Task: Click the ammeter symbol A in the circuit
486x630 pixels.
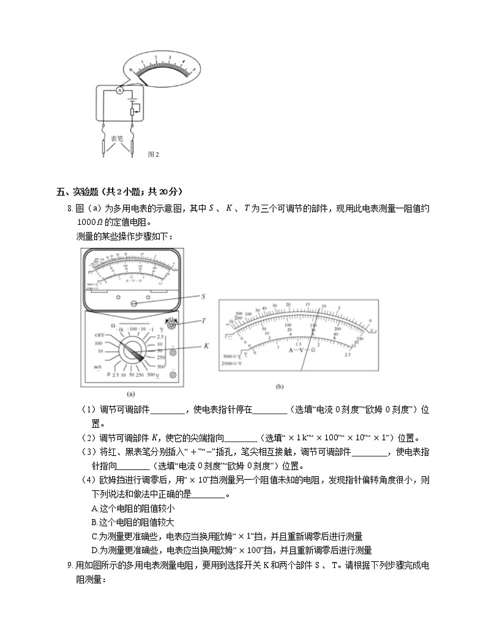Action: point(120,91)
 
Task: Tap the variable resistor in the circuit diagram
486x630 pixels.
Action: point(133,112)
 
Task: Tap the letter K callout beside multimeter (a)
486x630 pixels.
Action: point(206,346)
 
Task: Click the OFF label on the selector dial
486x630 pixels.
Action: point(102,335)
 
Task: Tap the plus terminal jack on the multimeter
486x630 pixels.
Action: point(173,352)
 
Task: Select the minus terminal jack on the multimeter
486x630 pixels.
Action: point(173,374)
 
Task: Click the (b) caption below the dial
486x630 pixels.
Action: point(280,387)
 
